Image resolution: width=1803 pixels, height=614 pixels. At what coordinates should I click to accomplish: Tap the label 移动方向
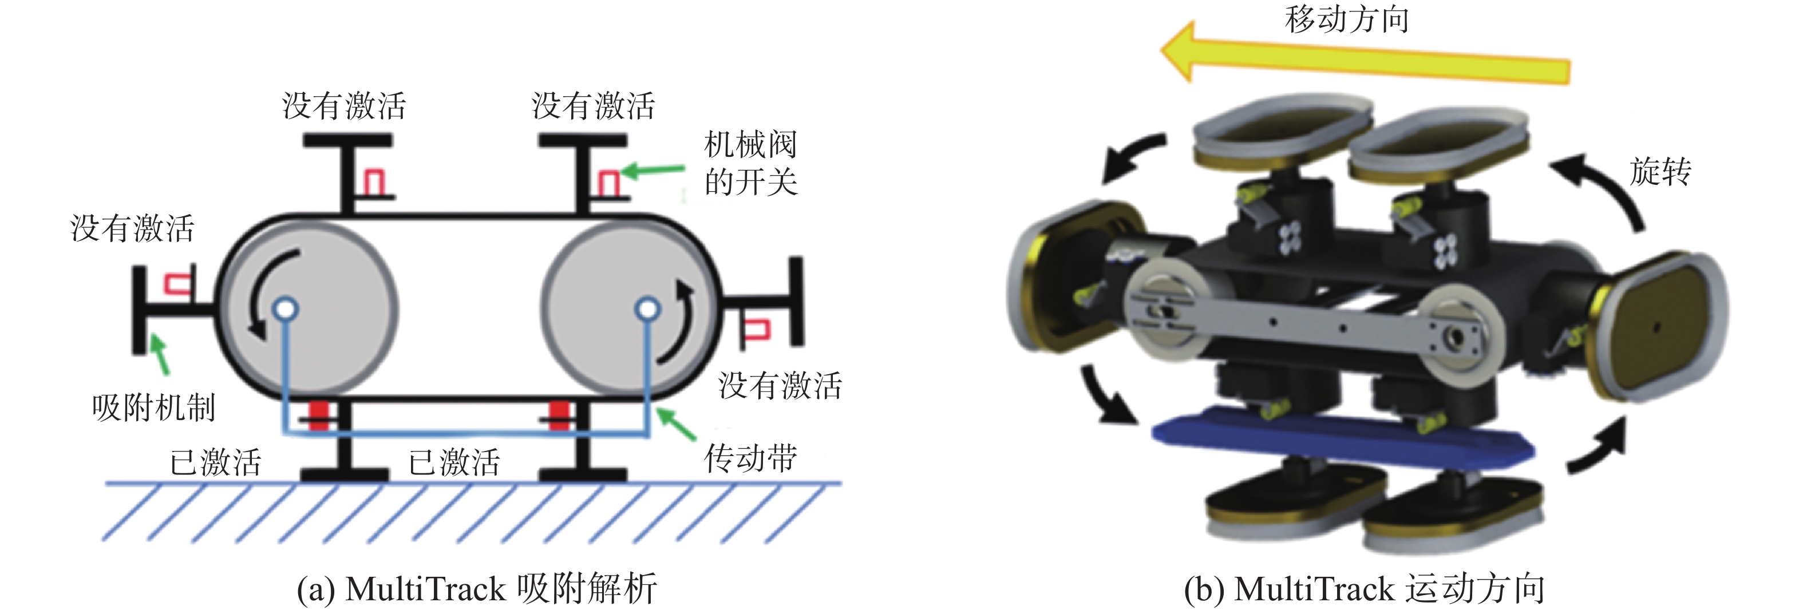coord(1347,19)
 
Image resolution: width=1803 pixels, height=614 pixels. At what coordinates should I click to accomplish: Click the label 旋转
coord(1660,172)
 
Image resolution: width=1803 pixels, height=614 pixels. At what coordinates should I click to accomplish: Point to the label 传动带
coord(750,458)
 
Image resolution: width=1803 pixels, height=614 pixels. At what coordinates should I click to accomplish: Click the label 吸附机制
coord(153,407)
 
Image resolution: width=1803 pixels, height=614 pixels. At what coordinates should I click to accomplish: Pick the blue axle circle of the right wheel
coord(647,308)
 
